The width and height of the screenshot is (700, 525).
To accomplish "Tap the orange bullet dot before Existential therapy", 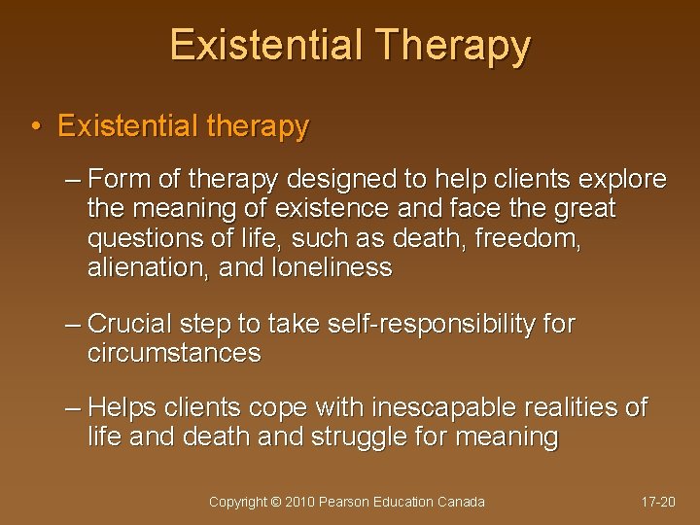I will pyautogui.click(x=35, y=127).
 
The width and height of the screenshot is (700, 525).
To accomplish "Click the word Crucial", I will pyautogui.click(x=131, y=324).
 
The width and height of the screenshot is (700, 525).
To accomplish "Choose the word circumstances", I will pyautogui.click(x=174, y=353).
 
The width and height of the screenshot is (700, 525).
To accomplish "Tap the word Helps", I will pyautogui.click(x=122, y=408).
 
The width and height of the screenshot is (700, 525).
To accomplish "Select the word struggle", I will pyautogui.click(x=359, y=437).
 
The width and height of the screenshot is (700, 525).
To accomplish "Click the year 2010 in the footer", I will pyautogui.click(x=300, y=503).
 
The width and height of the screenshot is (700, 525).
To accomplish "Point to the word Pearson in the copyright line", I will pyautogui.click(x=345, y=503).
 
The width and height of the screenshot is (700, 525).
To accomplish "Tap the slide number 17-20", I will pyautogui.click(x=658, y=503).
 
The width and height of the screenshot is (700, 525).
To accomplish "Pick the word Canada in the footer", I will pyautogui.click(x=462, y=503).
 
